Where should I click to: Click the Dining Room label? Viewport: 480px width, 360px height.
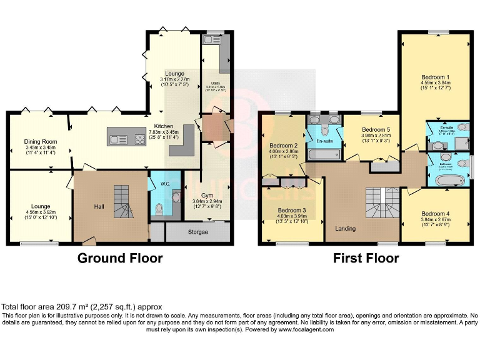tap(41, 141)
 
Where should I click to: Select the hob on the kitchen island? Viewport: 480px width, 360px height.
tap(137, 137)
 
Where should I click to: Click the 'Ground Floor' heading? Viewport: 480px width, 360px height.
tap(119, 258)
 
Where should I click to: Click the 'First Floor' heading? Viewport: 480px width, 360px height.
tap(366, 258)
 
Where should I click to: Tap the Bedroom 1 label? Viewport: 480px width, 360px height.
tap(435, 77)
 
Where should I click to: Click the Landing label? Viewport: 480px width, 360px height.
tap(345, 228)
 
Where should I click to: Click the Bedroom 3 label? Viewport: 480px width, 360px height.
tap(292, 210)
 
